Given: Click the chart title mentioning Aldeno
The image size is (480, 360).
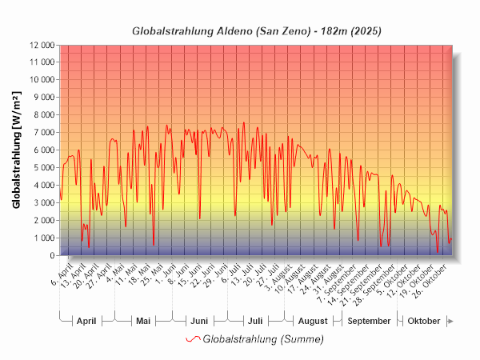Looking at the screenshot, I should (256, 31).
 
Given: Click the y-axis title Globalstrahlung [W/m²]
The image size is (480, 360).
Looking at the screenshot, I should (17, 150).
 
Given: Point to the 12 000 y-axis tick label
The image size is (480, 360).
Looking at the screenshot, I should (39, 45).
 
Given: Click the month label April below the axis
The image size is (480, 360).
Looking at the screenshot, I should (86, 321).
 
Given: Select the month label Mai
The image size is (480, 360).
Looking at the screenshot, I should (143, 321).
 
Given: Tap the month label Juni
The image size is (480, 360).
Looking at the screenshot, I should (199, 321).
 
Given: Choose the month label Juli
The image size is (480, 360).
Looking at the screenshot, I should (255, 321).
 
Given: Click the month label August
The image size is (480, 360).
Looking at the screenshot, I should (313, 321).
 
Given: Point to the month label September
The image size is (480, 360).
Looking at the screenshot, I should (370, 321).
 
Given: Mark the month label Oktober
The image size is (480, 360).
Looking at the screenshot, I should (424, 321).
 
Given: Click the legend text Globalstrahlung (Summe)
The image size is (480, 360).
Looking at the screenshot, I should (263, 339).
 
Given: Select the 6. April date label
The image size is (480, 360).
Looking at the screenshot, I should (62, 270).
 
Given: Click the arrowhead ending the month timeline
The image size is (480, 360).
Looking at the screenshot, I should (451, 321).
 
